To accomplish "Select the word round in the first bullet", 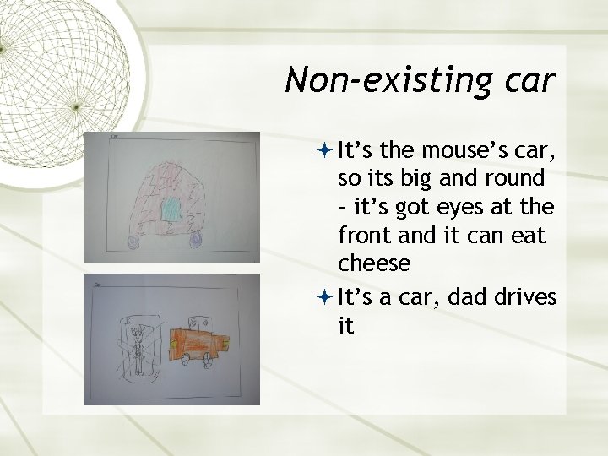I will [517, 179].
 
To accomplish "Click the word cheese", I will [374, 263].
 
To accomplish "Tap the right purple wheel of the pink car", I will [197, 241].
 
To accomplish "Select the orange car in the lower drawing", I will [201, 342].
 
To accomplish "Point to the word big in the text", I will [430, 179].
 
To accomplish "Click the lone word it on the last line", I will [345, 324].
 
